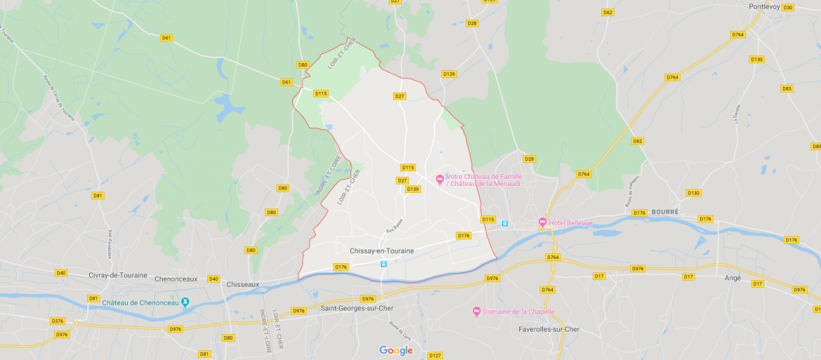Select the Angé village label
(x=732, y=278)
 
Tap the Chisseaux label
(x=243, y=284)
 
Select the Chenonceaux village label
(x=178, y=279)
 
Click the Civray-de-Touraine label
(x=118, y=275)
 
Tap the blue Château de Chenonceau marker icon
(x=185, y=302)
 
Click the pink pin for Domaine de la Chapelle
(x=477, y=312)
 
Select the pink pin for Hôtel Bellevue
(x=542, y=222)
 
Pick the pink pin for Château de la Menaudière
(x=440, y=180)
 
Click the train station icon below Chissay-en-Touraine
(x=383, y=264)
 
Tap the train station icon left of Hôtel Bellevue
(x=505, y=223)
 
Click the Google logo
(x=396, y=350)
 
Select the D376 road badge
(x=58, y=321)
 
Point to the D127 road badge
(x=435, y=356)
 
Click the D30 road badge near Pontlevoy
(x=787, y=8)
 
